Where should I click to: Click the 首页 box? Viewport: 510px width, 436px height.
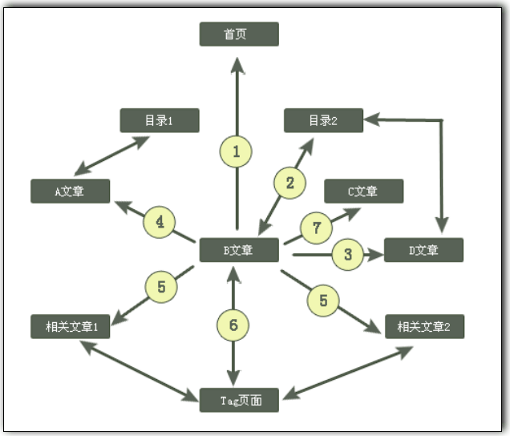point(239,34)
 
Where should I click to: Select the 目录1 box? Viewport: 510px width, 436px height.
point(159,120)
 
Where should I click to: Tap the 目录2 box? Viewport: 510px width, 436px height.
point(323,120)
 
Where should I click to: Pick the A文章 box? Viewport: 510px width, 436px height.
point(70,192)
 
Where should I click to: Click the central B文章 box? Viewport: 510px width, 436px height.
point(239,250)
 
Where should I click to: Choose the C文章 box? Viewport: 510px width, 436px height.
point(363,192)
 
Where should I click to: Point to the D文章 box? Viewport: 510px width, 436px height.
point(423,250)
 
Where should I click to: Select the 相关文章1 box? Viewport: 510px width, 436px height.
point(70,326)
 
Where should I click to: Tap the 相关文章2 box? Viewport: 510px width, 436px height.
point(423,326)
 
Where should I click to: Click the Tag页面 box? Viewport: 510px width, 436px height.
point(239,399)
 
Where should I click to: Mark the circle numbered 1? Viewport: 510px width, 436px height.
point(236,150)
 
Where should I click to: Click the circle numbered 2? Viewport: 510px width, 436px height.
point(290,183)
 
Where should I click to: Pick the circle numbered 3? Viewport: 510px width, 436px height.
point(347,255)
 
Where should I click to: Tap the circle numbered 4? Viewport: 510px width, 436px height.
point(160,222)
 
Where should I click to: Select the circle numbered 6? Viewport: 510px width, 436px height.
point(233,325)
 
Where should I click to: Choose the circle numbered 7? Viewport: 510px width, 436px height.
point(317,228)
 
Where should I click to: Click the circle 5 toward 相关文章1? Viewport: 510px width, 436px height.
point(161,288)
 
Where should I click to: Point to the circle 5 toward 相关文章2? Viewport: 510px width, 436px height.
point(324,301)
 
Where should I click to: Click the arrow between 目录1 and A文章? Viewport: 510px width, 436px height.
point(112,155)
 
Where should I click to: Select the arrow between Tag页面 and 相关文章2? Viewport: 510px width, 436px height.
point(348,371)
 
